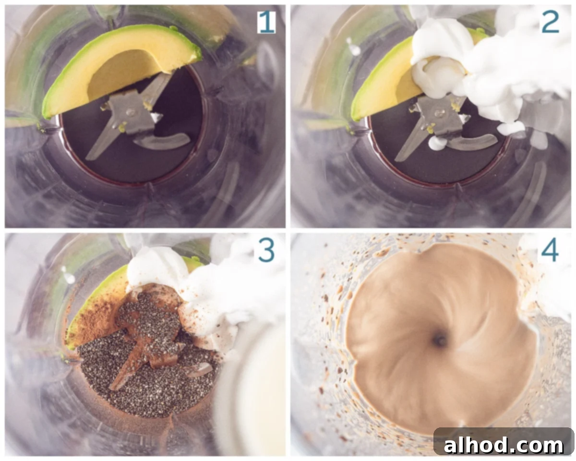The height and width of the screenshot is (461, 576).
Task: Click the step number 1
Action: pyautogui.click(x=266, y=23)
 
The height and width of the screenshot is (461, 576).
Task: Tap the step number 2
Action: pyautogui.click(x=551, y=23)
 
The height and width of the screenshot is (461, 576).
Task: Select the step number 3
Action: pyautogui.click(x=266, y=251)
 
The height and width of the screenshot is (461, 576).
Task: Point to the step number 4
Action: pyautogui.click(x=550, y=251)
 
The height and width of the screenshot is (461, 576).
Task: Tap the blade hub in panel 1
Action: pyautogui.click(x=131, y=112)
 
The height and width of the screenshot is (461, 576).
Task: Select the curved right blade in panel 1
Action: pyautogui.click(x=163, y=141)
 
